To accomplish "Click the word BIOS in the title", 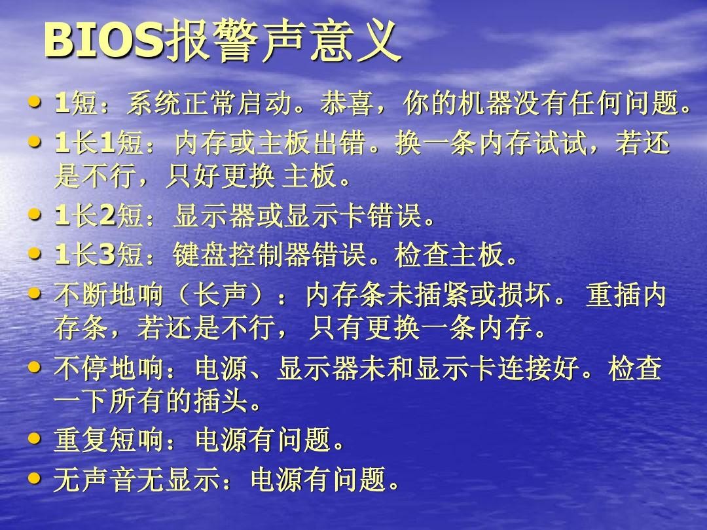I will (103, 43).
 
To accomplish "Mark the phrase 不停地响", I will (108, 370).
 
